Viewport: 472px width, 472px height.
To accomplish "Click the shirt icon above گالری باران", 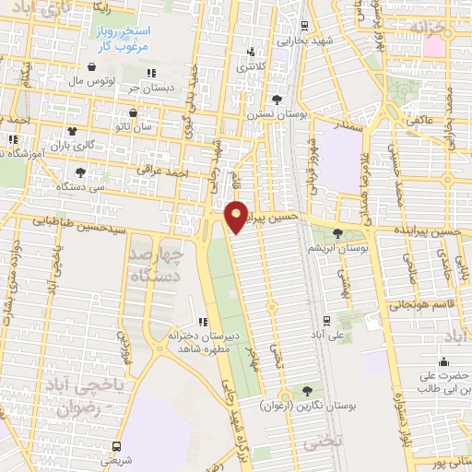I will (x=72, y=131).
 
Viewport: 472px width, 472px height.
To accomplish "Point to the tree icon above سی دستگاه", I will (x=81, y=171).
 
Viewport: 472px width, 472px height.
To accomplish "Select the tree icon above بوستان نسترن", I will (x=276, y=100).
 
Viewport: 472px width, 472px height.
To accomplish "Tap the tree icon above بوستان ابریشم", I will (x=337, y=234).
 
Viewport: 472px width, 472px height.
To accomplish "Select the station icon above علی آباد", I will (x=327, y=320).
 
